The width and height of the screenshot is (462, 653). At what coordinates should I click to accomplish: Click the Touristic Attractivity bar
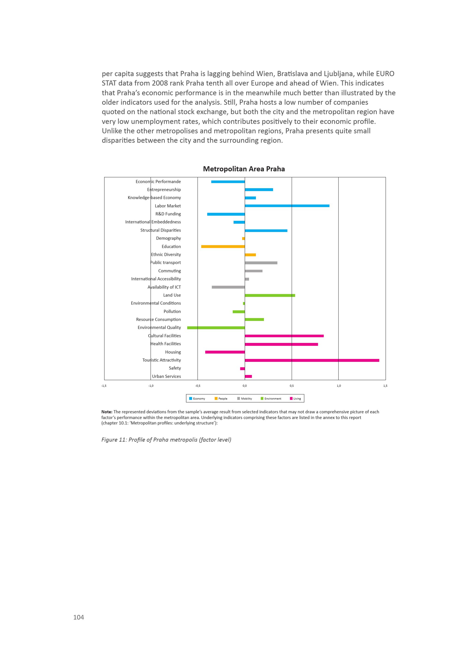tap(312, 360)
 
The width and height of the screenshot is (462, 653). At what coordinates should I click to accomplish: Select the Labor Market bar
tap(287, 206)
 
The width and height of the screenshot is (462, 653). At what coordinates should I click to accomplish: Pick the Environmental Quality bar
tap(216, 328)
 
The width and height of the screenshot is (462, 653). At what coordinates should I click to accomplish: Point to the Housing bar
tap(225, 352)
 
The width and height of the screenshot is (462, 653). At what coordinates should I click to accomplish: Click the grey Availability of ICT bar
tap(228, 287)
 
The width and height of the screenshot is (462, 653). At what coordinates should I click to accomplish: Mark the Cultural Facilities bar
tap(284, 336)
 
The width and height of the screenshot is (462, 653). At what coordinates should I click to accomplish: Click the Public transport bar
tap(261, 263)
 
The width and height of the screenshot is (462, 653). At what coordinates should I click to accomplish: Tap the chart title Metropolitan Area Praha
tap(244, 169)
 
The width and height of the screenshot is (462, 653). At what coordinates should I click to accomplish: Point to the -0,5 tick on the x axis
tap(198, 386)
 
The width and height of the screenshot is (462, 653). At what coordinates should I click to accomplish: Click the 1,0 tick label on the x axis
tap(339, 386)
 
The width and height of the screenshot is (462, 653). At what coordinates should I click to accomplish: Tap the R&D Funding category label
tap(168, 214)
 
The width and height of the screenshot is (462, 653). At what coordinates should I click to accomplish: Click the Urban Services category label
tap(166, 376)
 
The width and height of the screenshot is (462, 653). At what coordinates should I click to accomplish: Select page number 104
tap(79, 617)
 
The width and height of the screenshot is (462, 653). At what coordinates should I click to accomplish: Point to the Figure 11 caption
tap(166, 440)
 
